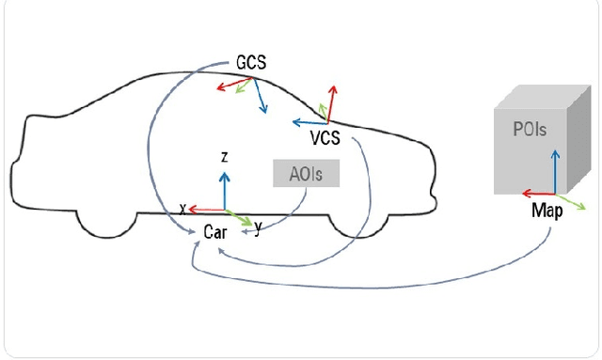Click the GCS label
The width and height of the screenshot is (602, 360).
pyautogui.click(x=251, y=63)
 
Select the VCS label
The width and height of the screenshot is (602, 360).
pyautogui.click(x=325, y=139)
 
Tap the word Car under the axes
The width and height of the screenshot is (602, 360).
pyautogui.click(x=214, y=232)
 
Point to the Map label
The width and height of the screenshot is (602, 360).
pyautogui.click(x=547, y=211)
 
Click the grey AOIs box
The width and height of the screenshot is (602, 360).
pyautogui.click(x=305, y=174)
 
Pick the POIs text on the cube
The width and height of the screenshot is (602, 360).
pyautogui.click(x=530, y=130)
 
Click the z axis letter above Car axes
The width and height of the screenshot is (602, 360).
pyautogui.click(x=224, y=158)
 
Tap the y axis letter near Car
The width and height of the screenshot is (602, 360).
pyautogui.click(x=258, y=227)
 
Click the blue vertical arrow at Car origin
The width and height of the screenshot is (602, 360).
pyautogui.click(x=224, y=188)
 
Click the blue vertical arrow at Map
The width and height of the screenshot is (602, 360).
pyautogui.click(x=555, y=169)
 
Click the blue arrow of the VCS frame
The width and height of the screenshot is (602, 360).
pyautogui.click(x=309, y=121)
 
